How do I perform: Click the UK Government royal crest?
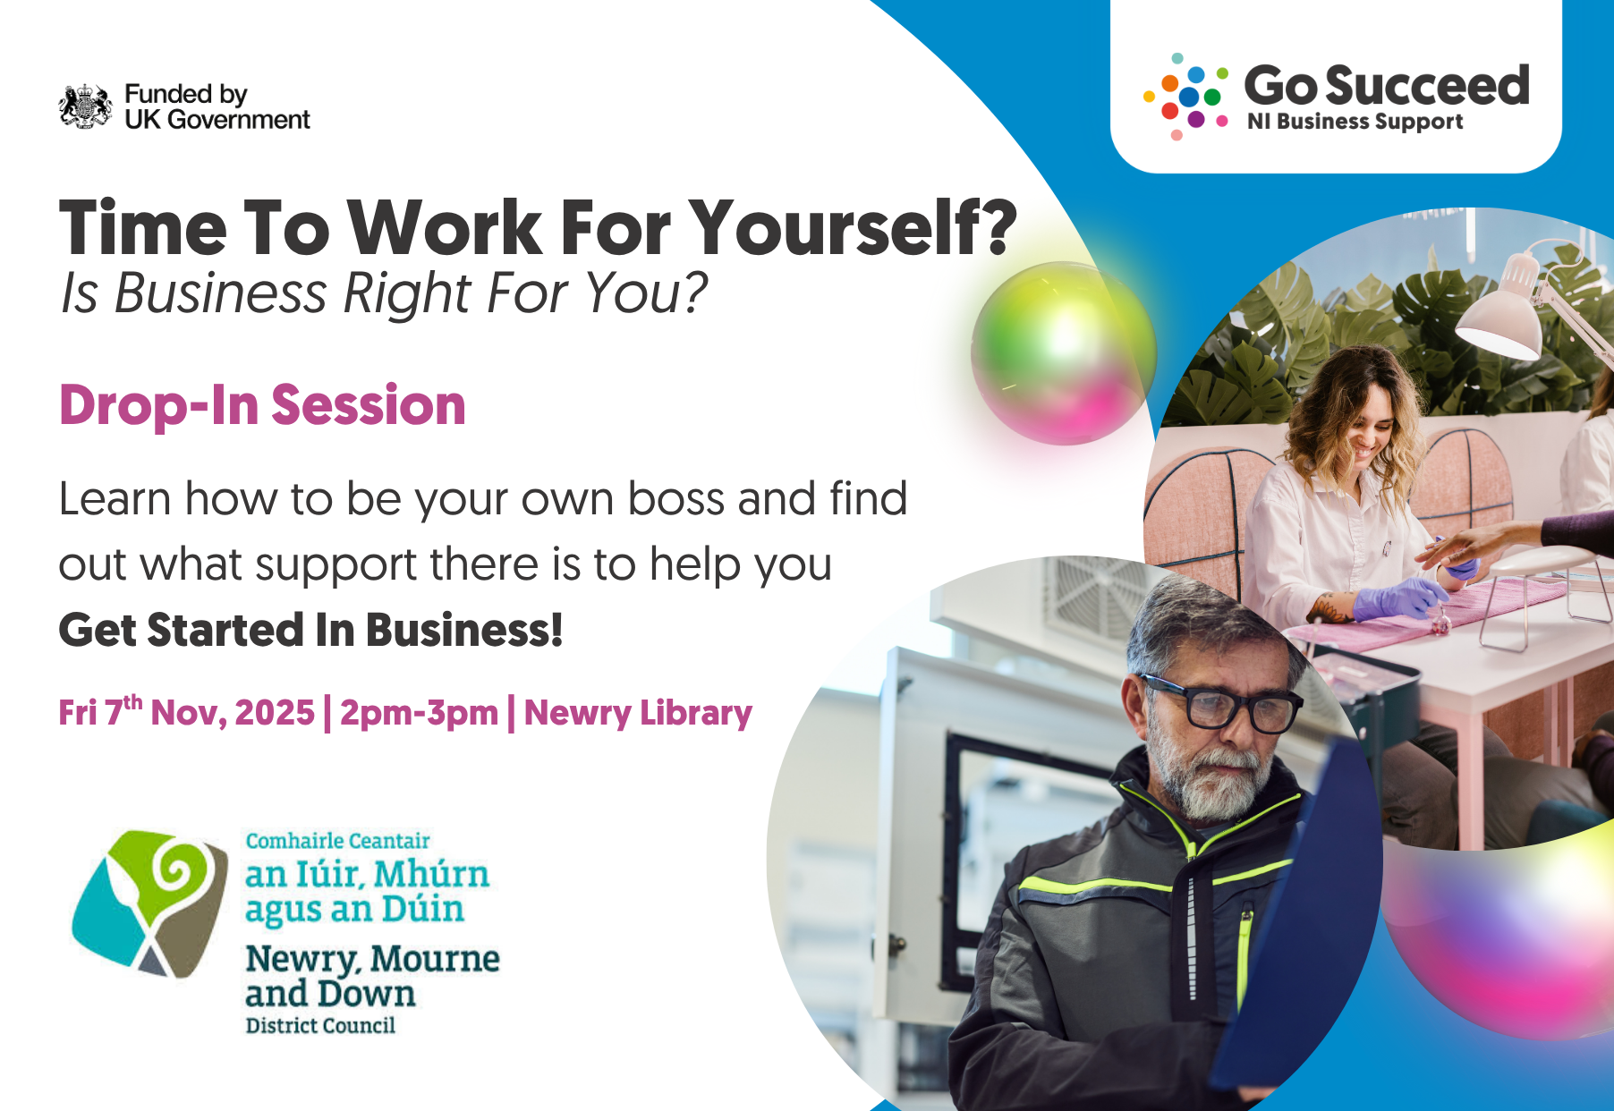click(85, 106)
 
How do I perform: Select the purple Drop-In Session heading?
click(262, 405)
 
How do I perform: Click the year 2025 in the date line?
click(274, 713)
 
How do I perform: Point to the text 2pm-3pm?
click(419, 713)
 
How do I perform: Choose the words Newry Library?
click(638, 713)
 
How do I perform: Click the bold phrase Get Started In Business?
click(310, 630)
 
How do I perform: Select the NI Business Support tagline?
click(1355, 122)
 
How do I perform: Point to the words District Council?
click(320, 1025)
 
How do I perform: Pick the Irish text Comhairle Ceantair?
click(337, 841)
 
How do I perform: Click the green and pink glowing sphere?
click(1063, 352)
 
